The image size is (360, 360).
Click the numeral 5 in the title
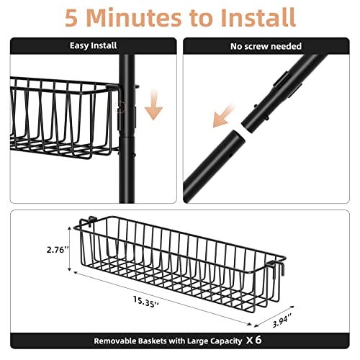point(71,17)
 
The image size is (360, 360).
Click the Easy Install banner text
point(93,45)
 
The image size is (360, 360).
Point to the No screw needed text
point(266,46)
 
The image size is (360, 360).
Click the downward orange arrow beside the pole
point(153,104)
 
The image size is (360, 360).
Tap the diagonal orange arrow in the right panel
point(222,116)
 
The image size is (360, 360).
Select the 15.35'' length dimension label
point(145,302)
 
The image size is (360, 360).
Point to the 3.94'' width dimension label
point(282,320)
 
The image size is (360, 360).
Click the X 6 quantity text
point(254,340)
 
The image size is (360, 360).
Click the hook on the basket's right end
point(278,267)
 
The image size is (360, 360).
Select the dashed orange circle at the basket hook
point(120,107)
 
